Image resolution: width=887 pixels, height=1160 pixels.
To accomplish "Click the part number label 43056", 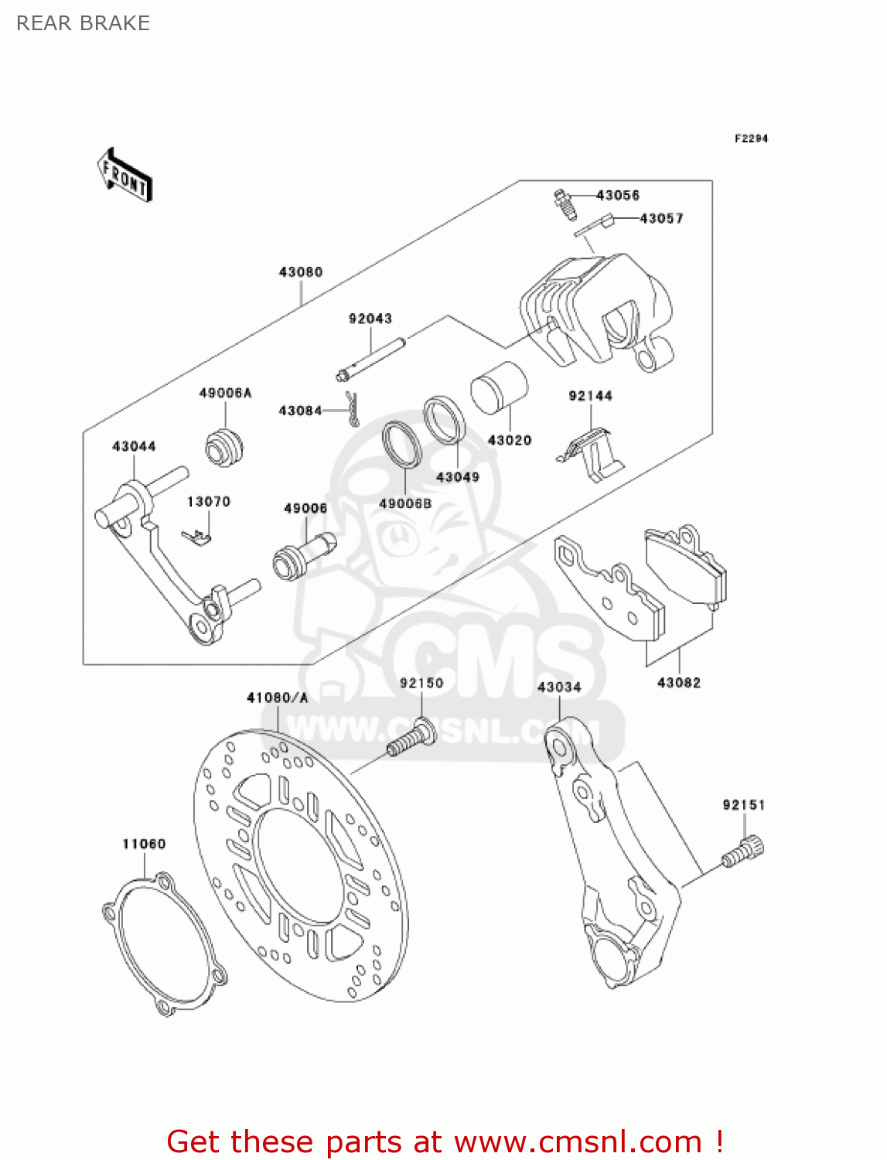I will tap(618, 195).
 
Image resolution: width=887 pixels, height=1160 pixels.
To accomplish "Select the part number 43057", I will tap(661, 219).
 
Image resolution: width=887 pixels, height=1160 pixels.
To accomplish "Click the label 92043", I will tap(370, 319).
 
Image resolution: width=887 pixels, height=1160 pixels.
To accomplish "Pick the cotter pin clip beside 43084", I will tap(353, 408).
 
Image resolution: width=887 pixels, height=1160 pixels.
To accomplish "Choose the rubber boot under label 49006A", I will tap(224, 446).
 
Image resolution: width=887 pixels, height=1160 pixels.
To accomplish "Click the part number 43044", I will tap(134, 446).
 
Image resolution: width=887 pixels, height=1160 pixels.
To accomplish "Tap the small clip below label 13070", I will tap(198, 536).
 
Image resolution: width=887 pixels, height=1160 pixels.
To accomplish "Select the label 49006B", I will tap(405, 504).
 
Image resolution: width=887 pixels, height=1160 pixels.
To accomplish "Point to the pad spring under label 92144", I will tap(592, 455).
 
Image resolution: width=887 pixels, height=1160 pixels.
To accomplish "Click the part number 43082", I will tap(679, 683).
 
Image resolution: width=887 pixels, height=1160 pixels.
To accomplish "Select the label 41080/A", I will tap(277, 698).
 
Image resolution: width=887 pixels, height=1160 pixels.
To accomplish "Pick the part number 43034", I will tap(559, 687).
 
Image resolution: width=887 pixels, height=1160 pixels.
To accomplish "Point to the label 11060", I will tap(144, 844).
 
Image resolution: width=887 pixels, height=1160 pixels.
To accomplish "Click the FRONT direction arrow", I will tap(125, 175).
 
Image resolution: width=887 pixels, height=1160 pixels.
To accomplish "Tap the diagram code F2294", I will tap(751, 138).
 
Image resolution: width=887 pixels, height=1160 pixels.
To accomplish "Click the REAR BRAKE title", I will tap(83, 23).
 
